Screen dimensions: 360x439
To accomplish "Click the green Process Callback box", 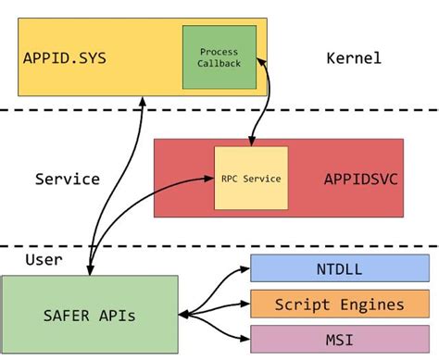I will click(x=219, y=57).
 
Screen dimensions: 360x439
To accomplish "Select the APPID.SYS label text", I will click(x=65, y=58).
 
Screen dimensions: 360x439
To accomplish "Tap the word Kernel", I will click(x=353, y=58).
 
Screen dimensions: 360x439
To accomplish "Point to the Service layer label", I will click(x=67, y=179).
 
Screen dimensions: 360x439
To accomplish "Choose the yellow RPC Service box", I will click(x=249, y=178).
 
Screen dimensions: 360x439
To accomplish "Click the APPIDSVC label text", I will click(x=360, y=179).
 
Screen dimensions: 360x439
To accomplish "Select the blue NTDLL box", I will click(x=340, y=269).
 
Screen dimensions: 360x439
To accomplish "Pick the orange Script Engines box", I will click(x=340, y=304).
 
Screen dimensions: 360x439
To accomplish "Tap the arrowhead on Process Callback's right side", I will click(x=262, y=60).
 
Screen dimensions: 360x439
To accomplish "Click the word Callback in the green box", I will click(x=219, y=64).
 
